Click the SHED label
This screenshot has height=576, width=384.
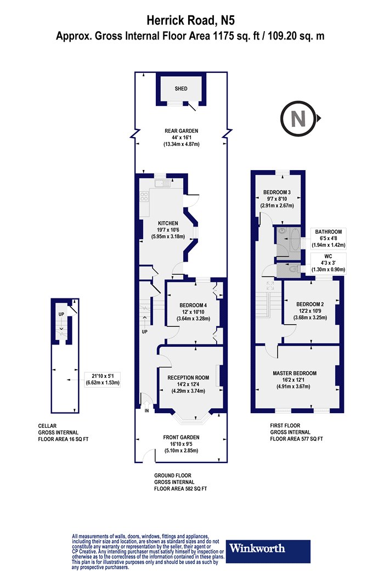click(x=181, y=88)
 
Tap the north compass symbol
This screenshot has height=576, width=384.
click(x=299, y=118)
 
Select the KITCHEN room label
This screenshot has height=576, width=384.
click(x=168, y=223)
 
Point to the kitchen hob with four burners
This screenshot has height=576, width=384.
click(x=144, y=196)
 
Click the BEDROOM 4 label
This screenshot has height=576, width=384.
click(x=193, y=305)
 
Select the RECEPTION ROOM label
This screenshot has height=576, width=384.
click(x=188, y=377)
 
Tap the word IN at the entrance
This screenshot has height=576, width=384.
click(x=146, y=411)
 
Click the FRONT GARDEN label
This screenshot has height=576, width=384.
click(x=181, y=438)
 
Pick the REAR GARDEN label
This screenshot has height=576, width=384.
click(x=181, y=131)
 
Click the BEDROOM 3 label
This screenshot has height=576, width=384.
click(x=277, y=192)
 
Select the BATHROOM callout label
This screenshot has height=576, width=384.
click(x=329, y=232)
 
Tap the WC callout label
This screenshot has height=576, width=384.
click(x=329, y=256)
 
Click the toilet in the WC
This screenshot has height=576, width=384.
click(x=293, y=270)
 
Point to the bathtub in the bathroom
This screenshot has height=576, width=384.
click(x=295, y=239)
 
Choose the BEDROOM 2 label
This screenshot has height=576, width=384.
click(x=310, y=304)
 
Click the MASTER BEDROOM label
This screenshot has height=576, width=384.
click(x=295, y=373)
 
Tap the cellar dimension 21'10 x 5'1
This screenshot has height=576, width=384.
click(x=103, y=376)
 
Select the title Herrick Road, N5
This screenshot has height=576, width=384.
click(x=190, y=20)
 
